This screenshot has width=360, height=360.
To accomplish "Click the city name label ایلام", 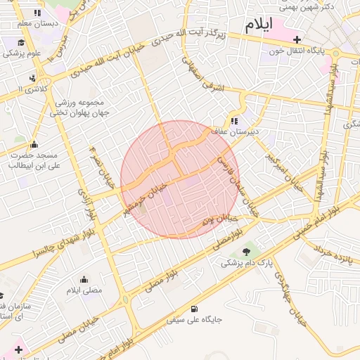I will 257,25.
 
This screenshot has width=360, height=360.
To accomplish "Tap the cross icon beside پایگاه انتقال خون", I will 297,40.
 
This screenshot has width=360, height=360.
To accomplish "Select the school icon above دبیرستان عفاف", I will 234,121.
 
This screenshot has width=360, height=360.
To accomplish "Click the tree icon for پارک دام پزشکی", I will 245,252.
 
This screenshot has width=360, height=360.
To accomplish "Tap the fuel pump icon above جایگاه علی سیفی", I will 194,308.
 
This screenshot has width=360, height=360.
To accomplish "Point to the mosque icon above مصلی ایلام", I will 84,279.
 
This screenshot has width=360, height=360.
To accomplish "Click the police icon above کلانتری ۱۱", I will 32,78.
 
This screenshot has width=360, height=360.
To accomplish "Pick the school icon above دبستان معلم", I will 37,13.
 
